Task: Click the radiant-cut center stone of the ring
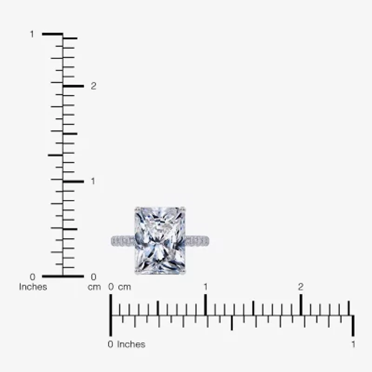(160, 240)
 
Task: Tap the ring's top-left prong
(137, 209)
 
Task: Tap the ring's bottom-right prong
(184, 272)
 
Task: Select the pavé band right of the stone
(197, 241)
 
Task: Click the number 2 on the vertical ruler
(93, 86)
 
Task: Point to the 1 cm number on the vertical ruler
(93, 181)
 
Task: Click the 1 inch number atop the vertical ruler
(32, 34)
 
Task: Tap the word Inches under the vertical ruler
(33, 287)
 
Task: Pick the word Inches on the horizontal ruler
(131, 345)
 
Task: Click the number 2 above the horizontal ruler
(301, 287)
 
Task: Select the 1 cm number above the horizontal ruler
(206, 287)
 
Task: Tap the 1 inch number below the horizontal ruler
(353, 345)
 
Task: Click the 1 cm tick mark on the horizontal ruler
(206, 305)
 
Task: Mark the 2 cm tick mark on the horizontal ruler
(301, 305)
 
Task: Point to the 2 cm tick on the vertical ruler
(73, 86)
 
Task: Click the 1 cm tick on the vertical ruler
(73, 181)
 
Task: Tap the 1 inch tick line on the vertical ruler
(52, 34)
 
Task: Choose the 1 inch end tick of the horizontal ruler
(353, 325)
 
